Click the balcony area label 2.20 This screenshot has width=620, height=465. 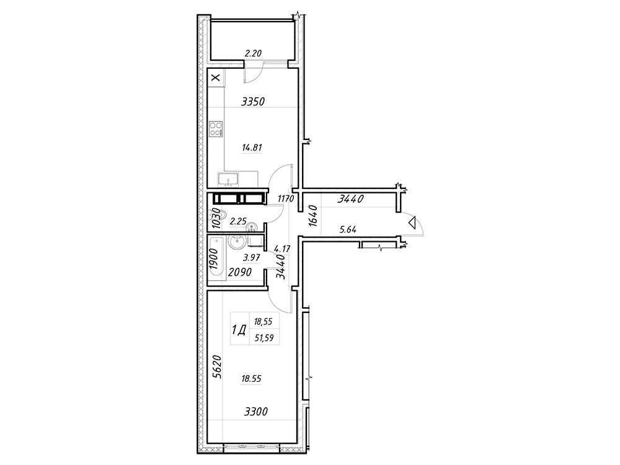point(252,54)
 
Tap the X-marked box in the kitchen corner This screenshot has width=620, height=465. point(215,77)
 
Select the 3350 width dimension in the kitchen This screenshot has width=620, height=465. point(253,102)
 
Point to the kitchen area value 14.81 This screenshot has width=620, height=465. point(252,148)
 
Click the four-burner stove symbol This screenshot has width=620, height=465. point(216,130)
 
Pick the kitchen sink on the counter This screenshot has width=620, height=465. point(228,180)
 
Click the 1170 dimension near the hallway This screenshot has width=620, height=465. point(285,199)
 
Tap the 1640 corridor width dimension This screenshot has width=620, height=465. point(313,216)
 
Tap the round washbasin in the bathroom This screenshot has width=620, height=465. point(236,242)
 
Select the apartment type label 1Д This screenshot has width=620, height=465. point(239,330)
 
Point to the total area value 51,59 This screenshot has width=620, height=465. point(263,337)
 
